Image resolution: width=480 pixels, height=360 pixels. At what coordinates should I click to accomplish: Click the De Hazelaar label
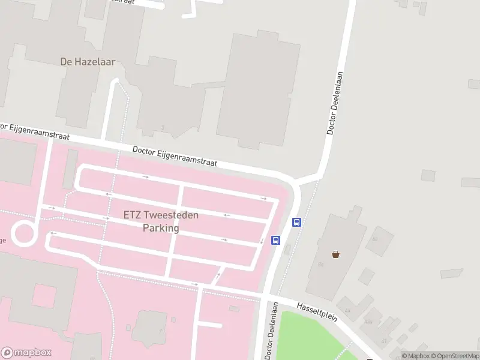[x=88, y=61]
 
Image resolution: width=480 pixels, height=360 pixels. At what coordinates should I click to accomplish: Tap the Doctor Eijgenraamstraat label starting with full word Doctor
[x=175, y=157]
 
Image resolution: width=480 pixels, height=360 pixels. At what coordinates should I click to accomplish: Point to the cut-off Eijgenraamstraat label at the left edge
[x=35, y=132]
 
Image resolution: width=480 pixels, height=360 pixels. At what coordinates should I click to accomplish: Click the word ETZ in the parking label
[x=133, y=215]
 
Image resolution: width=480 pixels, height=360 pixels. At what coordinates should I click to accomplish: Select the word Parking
[x=161, y=228]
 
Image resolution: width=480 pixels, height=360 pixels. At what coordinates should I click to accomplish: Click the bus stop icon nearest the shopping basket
[x=296, y=222]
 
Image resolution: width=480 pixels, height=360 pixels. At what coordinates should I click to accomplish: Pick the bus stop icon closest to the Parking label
[x=275, y=241]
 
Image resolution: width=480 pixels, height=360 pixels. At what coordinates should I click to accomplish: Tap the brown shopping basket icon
[x=335, y=254]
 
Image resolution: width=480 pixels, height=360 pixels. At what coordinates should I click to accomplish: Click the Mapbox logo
[x=26, y=353]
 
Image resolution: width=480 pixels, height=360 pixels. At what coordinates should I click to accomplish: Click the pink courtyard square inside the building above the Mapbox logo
[x=44, y=296]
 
